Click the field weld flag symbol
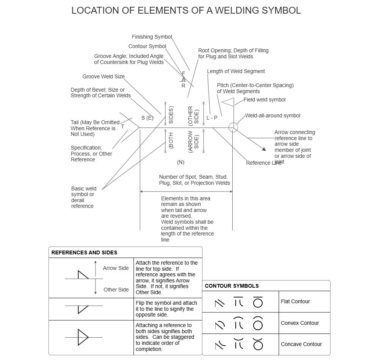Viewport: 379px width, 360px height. pos(229,102)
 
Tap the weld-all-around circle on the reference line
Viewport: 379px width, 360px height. pos(233,127)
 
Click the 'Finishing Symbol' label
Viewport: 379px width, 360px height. pos(152,37)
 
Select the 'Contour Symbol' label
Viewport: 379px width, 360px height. pos(147,47)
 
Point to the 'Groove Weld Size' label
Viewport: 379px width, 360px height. pos(103,76)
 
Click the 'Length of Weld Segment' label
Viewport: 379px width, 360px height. pos(236,71)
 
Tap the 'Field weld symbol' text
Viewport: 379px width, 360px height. pos(265,100)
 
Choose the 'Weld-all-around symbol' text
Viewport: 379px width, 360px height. pos(273,115)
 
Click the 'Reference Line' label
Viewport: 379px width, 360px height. pos(264,163)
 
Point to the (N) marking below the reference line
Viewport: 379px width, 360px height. pos(180,162)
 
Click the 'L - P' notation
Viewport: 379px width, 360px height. pos(212,118)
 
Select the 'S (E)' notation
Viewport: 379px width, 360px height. pos(147,118)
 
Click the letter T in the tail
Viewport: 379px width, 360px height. pos(123,127)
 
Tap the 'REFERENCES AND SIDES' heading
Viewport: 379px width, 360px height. pos(84,252)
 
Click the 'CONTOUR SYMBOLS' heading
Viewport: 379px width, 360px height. pos(232,286)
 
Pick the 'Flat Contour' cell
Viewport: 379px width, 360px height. pos(295,301)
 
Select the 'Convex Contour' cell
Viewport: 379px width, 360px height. pos(300,323)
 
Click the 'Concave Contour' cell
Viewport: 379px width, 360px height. pos(301,344)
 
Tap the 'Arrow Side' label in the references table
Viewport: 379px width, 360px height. pos(116,268)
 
